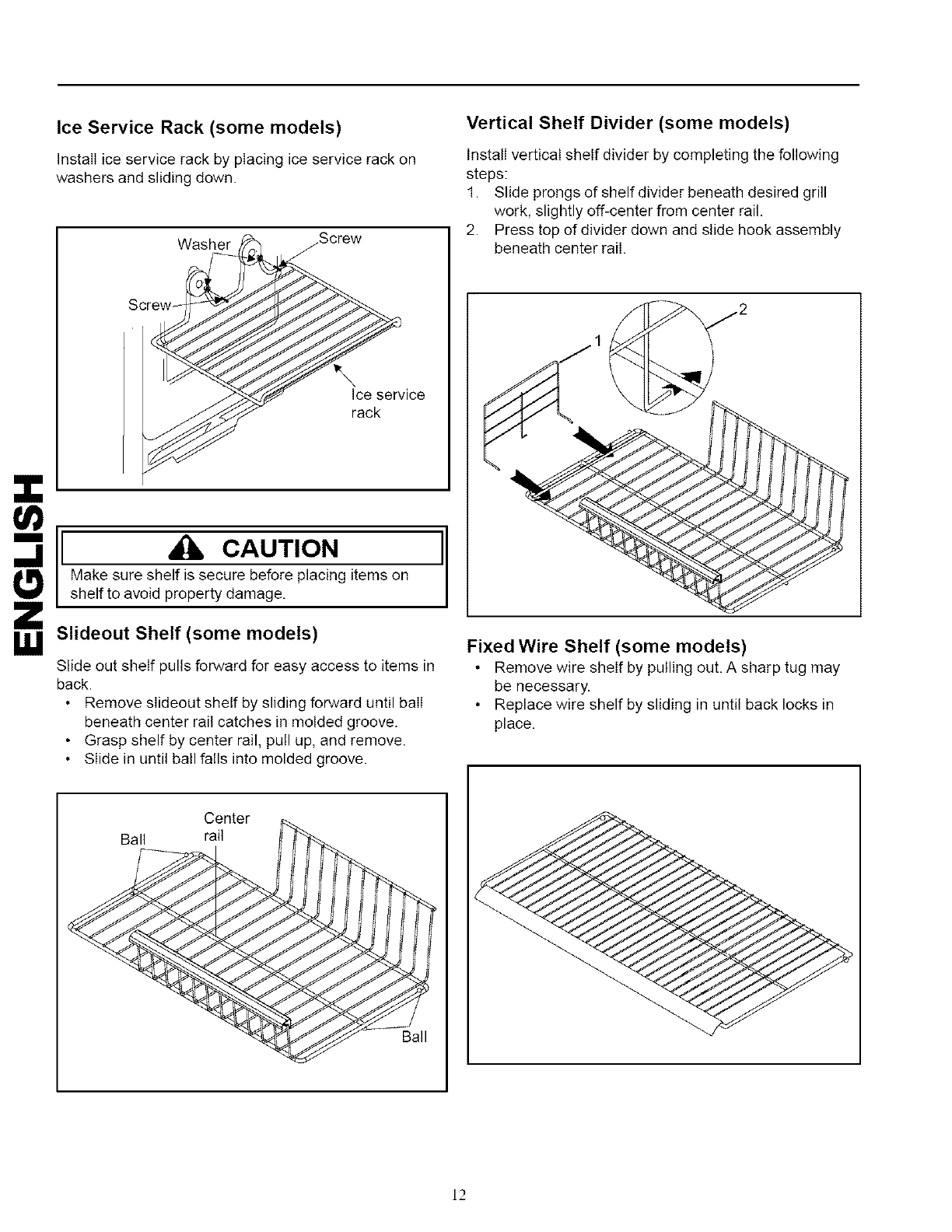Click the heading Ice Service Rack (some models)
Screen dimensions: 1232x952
coord(200,127)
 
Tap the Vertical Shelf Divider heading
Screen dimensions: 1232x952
coord(628,123)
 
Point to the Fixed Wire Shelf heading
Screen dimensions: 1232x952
coord(606,646)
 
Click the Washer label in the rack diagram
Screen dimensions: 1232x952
coord(204,244)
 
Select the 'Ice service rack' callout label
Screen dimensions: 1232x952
coord(387,403)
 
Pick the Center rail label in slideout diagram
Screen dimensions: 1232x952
coord(226,826)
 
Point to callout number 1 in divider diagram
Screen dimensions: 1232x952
coord(597,340)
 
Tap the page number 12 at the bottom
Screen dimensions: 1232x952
coord(459,1194)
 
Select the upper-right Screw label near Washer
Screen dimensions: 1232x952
coord(340,238)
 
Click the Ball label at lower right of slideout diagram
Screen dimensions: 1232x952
coord(414,1037)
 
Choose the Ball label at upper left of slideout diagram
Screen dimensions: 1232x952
coord(133,840)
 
